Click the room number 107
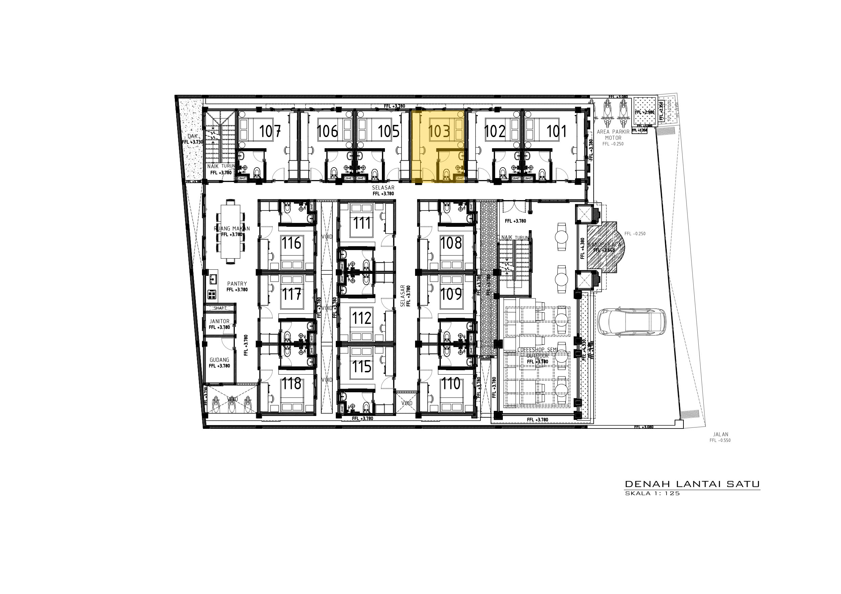(x=270, y=131)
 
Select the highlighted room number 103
(x=439, y=131)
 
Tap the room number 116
(x=291, y=243)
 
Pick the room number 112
(x=362, y=318)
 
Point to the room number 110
(x=451, y=383)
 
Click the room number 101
(x=556, y=131)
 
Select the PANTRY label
(x=237, y=284)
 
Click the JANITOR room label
(x=220, y=321)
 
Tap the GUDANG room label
(x=220, y=360)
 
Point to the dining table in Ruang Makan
(x=231, y=231)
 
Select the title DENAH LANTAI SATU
(x=692, y=484)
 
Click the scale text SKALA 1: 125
(x=652, y=493)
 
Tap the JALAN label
(x=720, y=435)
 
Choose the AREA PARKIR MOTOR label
(x=613, y=135)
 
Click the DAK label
(x=192, y=136)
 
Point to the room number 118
(x=291, y=383)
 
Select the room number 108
(x=451, y=243)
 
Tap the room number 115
(x=362, y=366)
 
